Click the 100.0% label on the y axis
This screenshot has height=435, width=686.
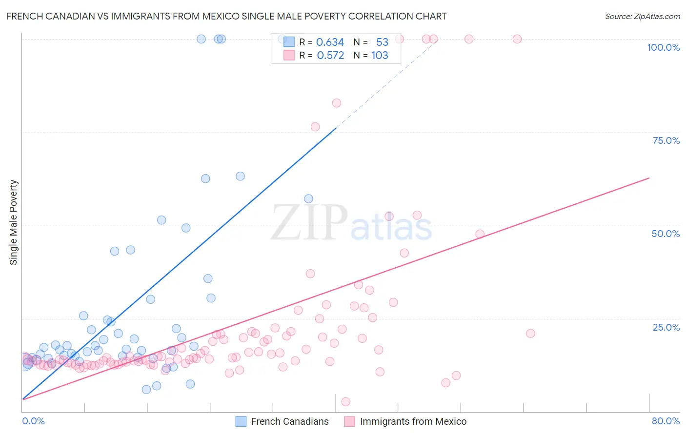(663, 47)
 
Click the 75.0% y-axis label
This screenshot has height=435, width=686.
(666, 140)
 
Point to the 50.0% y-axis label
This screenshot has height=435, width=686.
(666, 234)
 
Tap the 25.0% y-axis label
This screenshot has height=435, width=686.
(666, 327)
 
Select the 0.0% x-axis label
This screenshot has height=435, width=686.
(33, 421)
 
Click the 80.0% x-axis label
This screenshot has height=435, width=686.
(666, 421)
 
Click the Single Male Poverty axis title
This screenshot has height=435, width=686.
(14, 222)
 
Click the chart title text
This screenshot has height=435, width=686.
(226, 16)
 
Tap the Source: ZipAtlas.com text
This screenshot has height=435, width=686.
(642, 16)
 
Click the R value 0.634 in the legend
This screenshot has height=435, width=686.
(330, 42)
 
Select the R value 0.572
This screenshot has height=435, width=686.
(330, 56)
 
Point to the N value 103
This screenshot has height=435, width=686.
(380, 56)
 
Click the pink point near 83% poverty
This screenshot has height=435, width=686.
(337, 103)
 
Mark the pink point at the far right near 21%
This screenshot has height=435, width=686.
(530, 334)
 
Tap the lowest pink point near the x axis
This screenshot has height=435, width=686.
(346, 402)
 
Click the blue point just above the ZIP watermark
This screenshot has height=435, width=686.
(308, 198)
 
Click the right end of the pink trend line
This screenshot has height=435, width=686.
(649, 178)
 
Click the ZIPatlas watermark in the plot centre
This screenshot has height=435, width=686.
(351, 223)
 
